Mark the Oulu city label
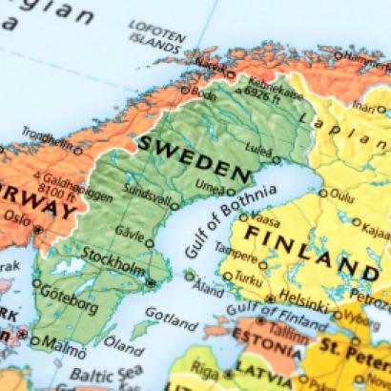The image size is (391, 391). pyautogui.click(x=340, y=196)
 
